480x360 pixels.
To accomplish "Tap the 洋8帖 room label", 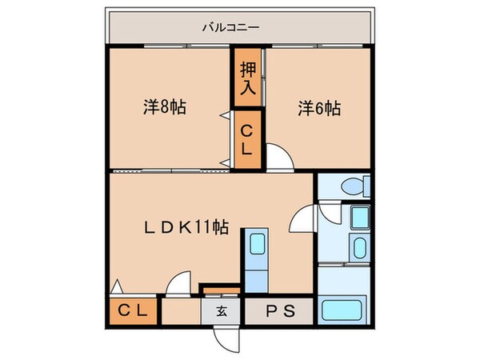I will point(165,106).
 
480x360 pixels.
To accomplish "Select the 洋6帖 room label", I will point(319,106).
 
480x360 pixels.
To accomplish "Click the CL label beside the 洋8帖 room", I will point(247,140).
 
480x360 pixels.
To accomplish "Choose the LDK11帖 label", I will point(186,227).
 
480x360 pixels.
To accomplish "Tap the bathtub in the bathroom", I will point(342,310).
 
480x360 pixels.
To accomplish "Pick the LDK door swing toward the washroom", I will point(305,218).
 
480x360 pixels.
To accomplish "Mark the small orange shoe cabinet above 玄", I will point(220,288).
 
